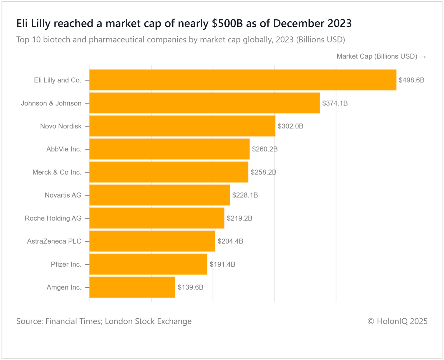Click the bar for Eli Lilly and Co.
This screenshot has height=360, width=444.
point(243,80)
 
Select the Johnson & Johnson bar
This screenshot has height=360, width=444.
point(205,103)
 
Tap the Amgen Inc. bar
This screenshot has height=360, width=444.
point(132,287)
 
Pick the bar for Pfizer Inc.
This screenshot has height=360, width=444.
point(148,264)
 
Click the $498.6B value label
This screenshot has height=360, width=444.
point(412,80)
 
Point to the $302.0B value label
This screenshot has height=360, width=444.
point(291,126)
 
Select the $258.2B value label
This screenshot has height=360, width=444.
point(264,172)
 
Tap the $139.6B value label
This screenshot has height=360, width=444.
point(191,287)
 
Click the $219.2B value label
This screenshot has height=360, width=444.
point(239,218)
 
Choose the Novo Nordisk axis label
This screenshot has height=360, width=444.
point(61,126)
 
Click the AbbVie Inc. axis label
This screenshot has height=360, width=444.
point(64,149)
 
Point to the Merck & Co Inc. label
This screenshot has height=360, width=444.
point(57,172)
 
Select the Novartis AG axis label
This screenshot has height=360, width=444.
point(63,195)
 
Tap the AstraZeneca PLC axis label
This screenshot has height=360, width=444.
point(54,241)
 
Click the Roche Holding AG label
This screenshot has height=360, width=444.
point(53,218)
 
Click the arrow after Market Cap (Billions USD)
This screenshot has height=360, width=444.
point(423,57)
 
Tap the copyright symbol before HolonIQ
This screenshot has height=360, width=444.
point(371,321)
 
